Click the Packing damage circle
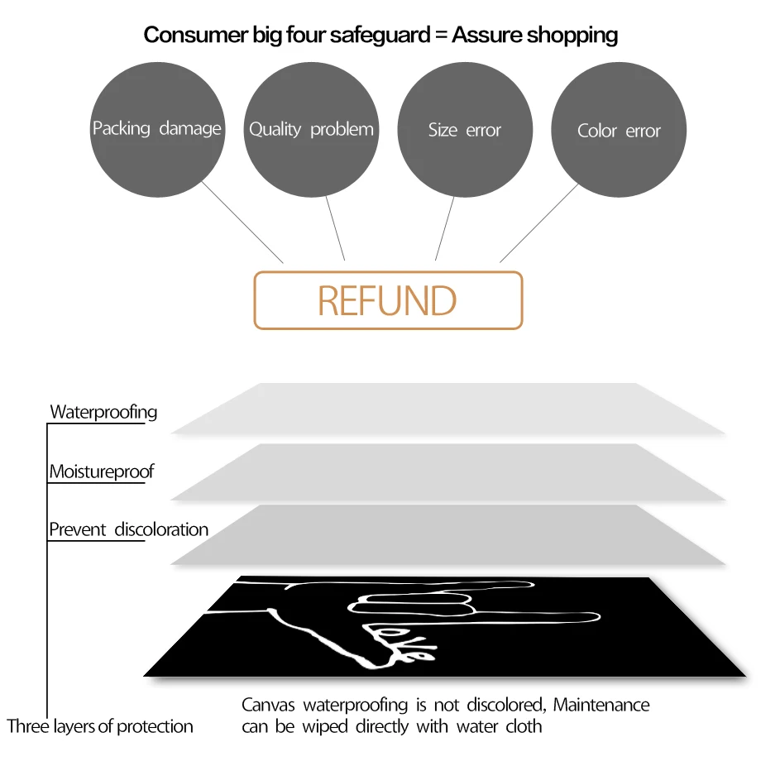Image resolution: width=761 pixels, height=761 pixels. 157,130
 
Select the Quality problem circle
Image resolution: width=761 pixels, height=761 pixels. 311,130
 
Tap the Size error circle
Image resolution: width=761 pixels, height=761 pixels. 465,130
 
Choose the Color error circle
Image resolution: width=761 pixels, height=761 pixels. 619,130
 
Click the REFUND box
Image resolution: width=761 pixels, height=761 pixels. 388,300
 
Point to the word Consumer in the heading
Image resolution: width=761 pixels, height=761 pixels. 196,35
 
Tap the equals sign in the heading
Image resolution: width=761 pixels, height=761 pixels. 441,35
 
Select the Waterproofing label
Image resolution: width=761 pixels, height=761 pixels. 103,412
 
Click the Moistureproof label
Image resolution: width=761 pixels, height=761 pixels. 102,471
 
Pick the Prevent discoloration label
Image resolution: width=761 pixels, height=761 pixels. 128,529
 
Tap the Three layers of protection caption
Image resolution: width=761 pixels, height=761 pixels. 100,726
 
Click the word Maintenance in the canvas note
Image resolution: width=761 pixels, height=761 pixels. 601,705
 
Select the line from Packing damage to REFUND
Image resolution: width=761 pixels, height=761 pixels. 242,223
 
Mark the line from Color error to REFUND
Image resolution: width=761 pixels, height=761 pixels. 539,223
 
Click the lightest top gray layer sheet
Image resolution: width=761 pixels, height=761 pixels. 448,408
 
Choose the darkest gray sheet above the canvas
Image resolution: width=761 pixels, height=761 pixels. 448,534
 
